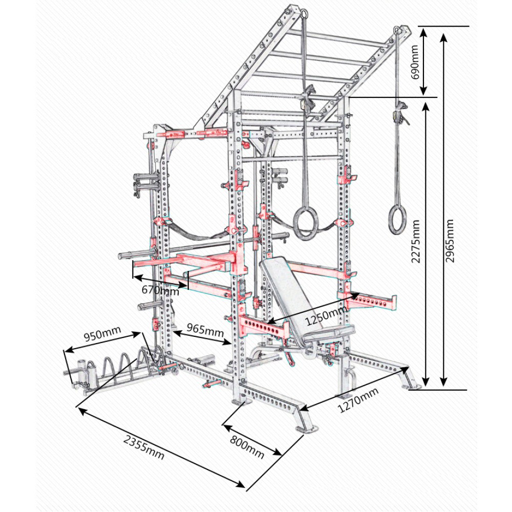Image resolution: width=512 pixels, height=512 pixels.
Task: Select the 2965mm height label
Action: coord(450,241)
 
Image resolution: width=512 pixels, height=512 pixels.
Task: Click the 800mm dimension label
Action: coord(247,447)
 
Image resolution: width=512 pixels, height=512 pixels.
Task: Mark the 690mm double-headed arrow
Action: coord(424,61)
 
